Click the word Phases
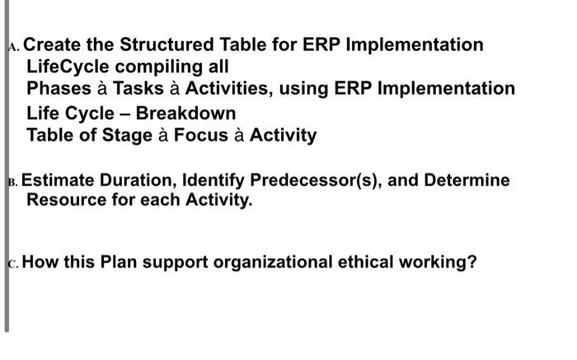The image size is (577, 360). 57,88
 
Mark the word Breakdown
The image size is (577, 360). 185,113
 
